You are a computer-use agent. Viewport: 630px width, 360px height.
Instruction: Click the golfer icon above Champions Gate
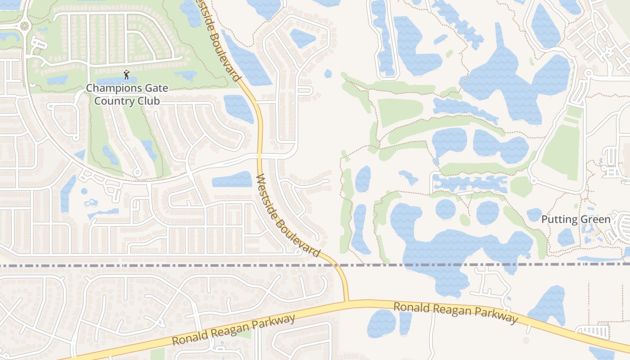[x=126, y=75]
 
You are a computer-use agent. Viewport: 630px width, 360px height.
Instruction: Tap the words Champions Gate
[x=127, y=88]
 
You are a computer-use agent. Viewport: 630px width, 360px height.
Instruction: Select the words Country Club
[x=127, y=101]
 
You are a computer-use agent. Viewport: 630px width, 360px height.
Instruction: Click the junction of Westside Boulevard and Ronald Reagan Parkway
[x=346, y=301]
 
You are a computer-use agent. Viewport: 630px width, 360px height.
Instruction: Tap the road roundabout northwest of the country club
[x=24, y=26]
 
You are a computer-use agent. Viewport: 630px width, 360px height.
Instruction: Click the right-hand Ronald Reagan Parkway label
[x=455, y=313]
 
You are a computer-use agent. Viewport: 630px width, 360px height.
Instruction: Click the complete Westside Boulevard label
[x=288, y=215]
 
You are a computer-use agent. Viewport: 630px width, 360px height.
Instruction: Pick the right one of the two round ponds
[x=487, y=212]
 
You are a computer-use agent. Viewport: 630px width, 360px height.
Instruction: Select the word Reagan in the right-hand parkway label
[x=456, y=312]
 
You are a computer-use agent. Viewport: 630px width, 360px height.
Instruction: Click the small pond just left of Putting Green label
[x=534, y=215]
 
